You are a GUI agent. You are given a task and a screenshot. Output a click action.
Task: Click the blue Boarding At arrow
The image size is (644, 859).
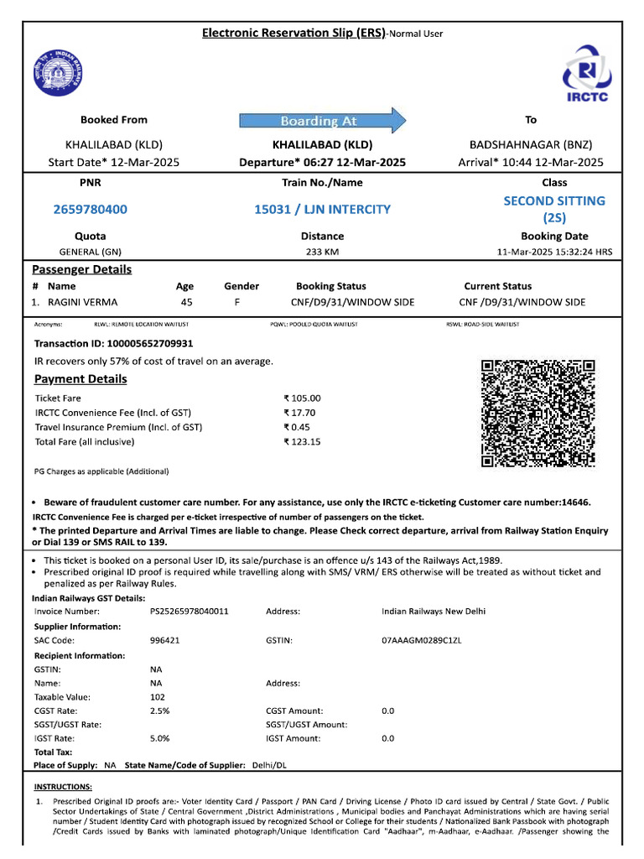(x=323, y=121)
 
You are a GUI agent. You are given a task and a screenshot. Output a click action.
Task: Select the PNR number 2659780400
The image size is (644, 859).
(x=91, y=209)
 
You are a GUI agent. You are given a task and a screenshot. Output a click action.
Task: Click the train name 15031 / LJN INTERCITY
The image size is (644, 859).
(x=322, y=209)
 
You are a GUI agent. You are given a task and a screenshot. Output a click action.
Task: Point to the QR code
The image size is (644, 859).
(x=538, y=413)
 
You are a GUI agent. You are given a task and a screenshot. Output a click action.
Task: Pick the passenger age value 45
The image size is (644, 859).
(x=186, y=302)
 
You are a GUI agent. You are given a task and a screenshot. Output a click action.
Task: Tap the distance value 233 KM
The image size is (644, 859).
(x=322, y=252)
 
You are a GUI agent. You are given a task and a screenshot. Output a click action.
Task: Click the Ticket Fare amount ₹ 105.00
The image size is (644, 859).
(x=303, y=398)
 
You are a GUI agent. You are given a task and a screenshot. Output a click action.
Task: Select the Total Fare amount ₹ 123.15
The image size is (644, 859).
(x=303, y=441)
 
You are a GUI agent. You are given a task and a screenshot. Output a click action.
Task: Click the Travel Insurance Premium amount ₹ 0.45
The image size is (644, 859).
(x=297, y=427)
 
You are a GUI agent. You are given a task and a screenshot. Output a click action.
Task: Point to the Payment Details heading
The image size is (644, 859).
(x=80, y=379)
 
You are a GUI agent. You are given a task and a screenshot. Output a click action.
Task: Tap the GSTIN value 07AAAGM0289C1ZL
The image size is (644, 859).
(x=422, y=640)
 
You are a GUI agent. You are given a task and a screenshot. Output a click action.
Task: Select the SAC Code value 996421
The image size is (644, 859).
(x=165, y=640)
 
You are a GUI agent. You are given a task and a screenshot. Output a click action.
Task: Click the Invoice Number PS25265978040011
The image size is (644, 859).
(x=189, y=612)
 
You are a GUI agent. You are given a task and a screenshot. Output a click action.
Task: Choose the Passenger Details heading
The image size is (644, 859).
(x=81, y=269)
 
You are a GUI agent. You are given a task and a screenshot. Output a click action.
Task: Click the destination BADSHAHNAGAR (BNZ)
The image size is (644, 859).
(x=531, y=144)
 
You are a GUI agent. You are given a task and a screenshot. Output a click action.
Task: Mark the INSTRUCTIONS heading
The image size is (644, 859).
(x=63, y=787)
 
